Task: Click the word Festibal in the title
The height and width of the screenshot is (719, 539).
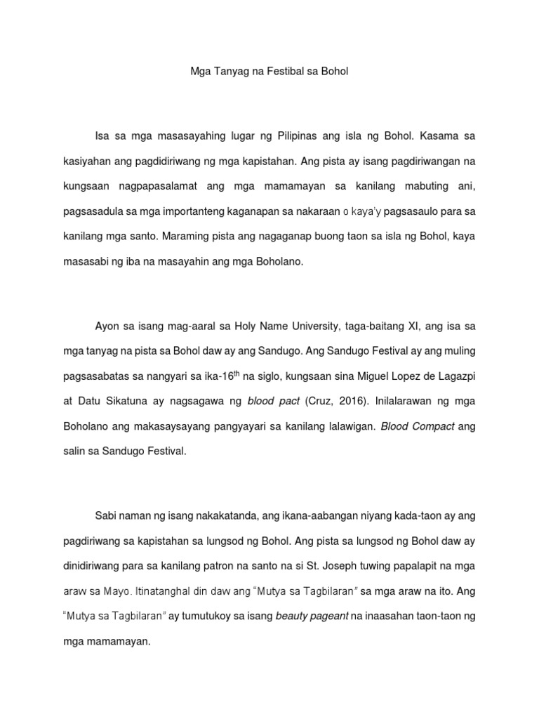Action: pos(267,71)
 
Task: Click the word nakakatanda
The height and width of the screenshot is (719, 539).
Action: pos(222,515)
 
